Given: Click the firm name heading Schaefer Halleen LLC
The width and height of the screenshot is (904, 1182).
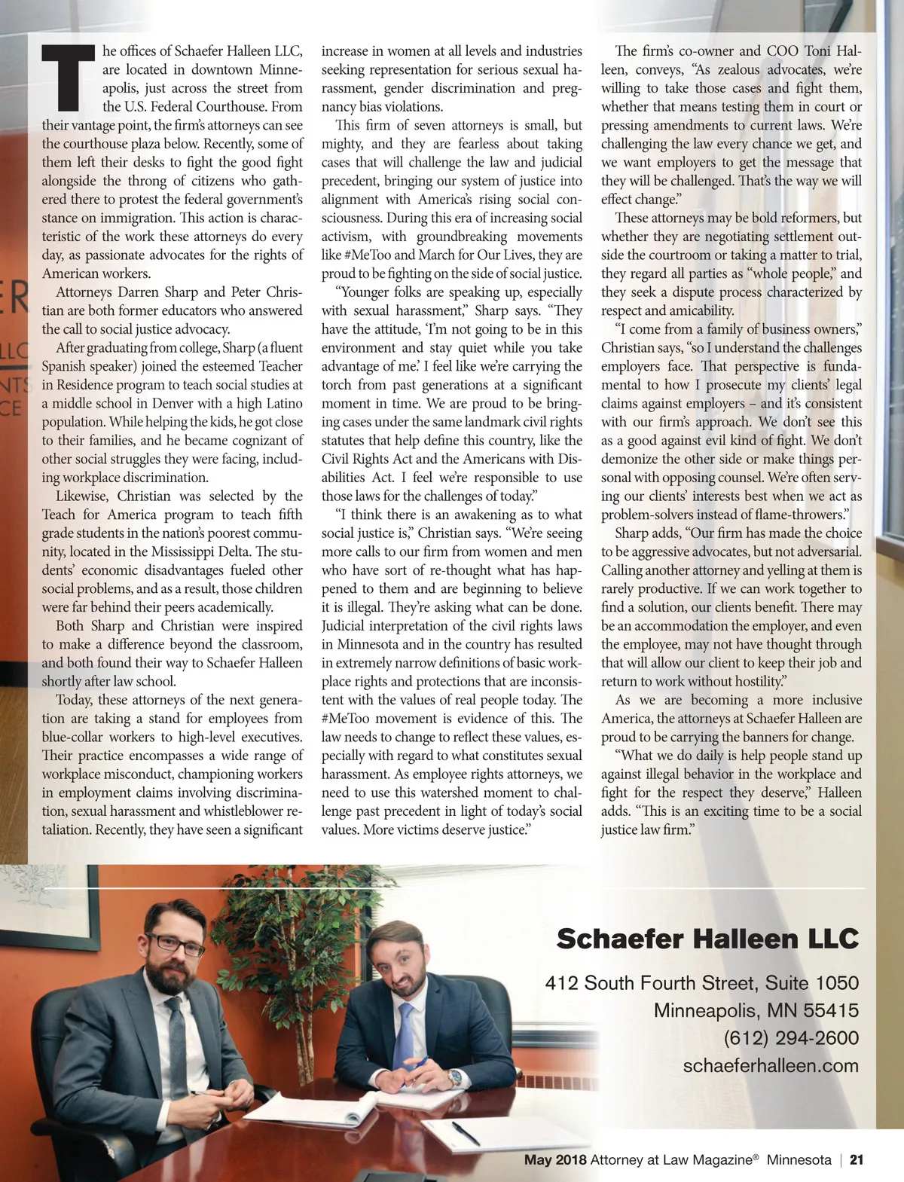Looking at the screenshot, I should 707,939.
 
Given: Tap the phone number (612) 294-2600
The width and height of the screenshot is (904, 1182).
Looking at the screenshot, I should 791,1037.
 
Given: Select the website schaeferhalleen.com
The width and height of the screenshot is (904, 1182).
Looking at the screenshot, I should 771,1065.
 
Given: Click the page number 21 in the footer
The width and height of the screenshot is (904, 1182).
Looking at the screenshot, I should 857,1160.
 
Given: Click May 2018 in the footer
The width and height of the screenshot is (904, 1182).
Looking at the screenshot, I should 555,1160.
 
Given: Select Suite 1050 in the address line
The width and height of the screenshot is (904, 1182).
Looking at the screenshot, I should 812,982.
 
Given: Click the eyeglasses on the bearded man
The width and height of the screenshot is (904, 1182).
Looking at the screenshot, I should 175,944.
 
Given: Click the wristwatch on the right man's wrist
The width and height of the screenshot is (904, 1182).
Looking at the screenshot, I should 455,1078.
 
